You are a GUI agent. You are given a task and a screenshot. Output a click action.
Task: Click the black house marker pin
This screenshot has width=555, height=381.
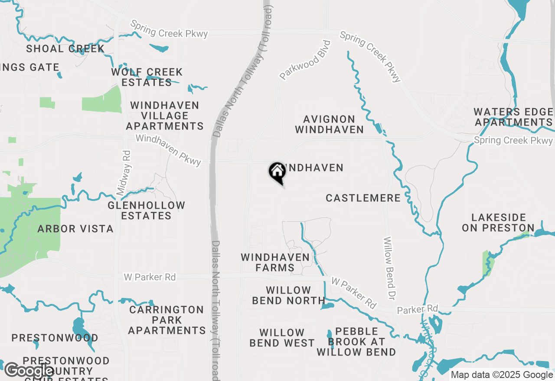277,172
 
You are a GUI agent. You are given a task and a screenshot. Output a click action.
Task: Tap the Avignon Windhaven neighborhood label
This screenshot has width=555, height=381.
329,124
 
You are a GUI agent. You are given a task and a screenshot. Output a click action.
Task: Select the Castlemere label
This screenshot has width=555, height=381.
363,198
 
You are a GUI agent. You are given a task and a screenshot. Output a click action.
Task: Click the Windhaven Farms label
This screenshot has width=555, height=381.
275,262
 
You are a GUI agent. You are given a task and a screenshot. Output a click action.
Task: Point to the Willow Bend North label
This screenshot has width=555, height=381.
288,295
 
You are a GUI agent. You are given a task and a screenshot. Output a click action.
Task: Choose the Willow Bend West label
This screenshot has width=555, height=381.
282,338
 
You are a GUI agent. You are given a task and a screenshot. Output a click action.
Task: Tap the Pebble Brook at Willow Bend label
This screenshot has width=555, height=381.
356,342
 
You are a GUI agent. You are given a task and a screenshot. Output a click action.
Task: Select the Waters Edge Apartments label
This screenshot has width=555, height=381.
513,117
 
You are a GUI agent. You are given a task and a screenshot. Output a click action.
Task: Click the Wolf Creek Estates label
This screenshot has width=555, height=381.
147,77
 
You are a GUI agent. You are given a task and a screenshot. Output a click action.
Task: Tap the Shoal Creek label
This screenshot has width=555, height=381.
65,48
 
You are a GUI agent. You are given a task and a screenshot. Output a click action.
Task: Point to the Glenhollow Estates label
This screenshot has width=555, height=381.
146,210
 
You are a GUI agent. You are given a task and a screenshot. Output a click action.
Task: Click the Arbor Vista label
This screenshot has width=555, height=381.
75,229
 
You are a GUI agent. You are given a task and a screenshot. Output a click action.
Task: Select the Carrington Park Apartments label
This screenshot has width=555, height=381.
166,320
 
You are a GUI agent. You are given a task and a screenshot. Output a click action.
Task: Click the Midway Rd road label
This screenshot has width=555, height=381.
124,173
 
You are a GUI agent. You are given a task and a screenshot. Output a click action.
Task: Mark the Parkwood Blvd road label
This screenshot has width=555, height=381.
305,60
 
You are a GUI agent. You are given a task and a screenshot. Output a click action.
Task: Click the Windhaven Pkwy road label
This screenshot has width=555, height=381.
169,150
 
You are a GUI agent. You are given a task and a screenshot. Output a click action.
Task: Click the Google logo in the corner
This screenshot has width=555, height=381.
29,371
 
